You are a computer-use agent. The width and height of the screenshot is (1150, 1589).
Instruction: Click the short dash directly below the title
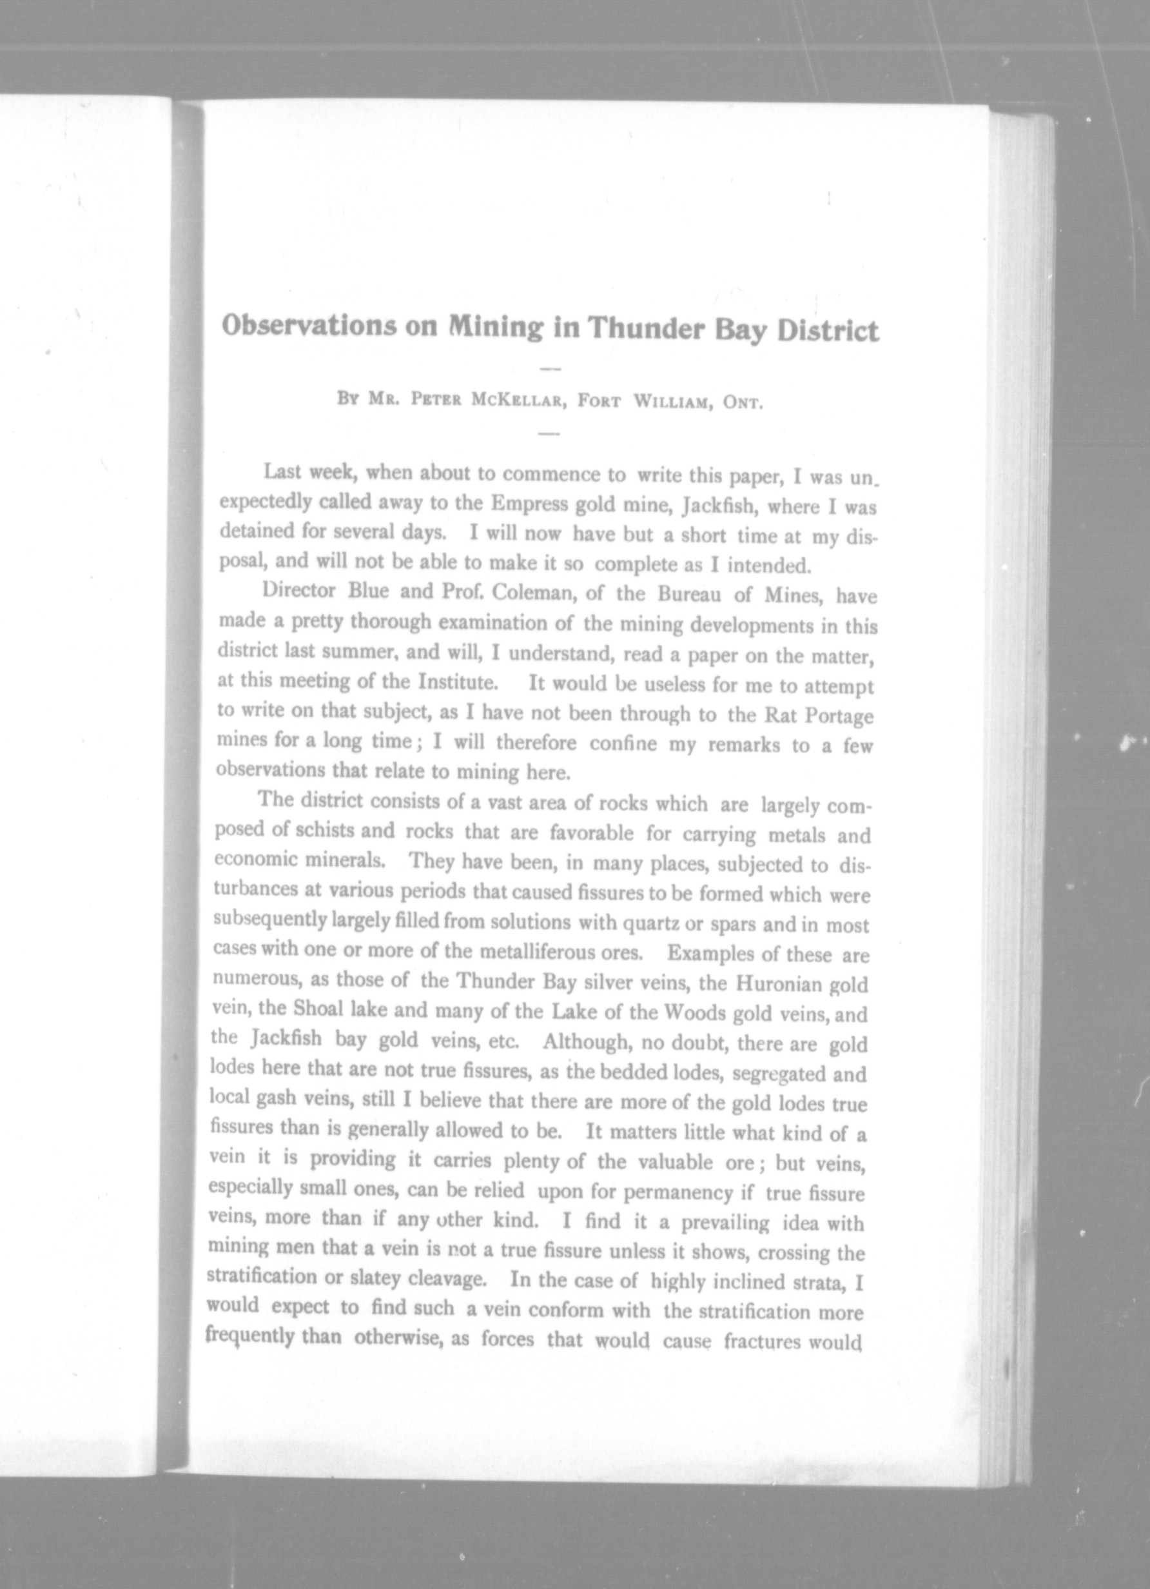[x=551, y=368]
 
